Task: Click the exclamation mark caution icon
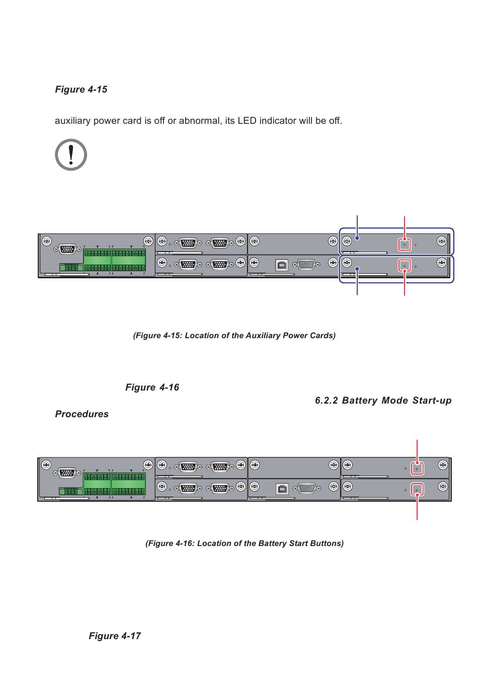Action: pyautogui.click(x=71, y=154)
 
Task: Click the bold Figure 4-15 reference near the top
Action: pyautogui.click(x=81, y=90)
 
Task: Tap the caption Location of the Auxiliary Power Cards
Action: pyautogui.click(x=234, y=336)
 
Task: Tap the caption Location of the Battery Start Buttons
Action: pyautogui.click(x=245, y=544)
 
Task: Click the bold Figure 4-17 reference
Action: pyautogui.click(x=115, y=636)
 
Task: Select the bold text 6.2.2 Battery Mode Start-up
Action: pyautogui.click(x=383, y=401)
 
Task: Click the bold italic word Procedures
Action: pyautogui.click(x=82, y=414)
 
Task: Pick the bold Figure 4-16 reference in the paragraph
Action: pyautogui.click(x=152, y=388)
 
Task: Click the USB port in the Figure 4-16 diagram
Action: pyautogui.click(x=283, y=488)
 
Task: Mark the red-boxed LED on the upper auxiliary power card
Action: pyautogui.click(x=405, y=245)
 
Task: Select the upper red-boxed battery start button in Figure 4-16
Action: pyautogui.click(x=417, y=468)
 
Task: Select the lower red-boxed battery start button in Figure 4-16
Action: pyautogui.click(x=417, y=489)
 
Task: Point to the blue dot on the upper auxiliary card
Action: pyautogui.click(x=357, y=239)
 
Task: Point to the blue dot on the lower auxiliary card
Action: pyautogui.click(x=357, y=270)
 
